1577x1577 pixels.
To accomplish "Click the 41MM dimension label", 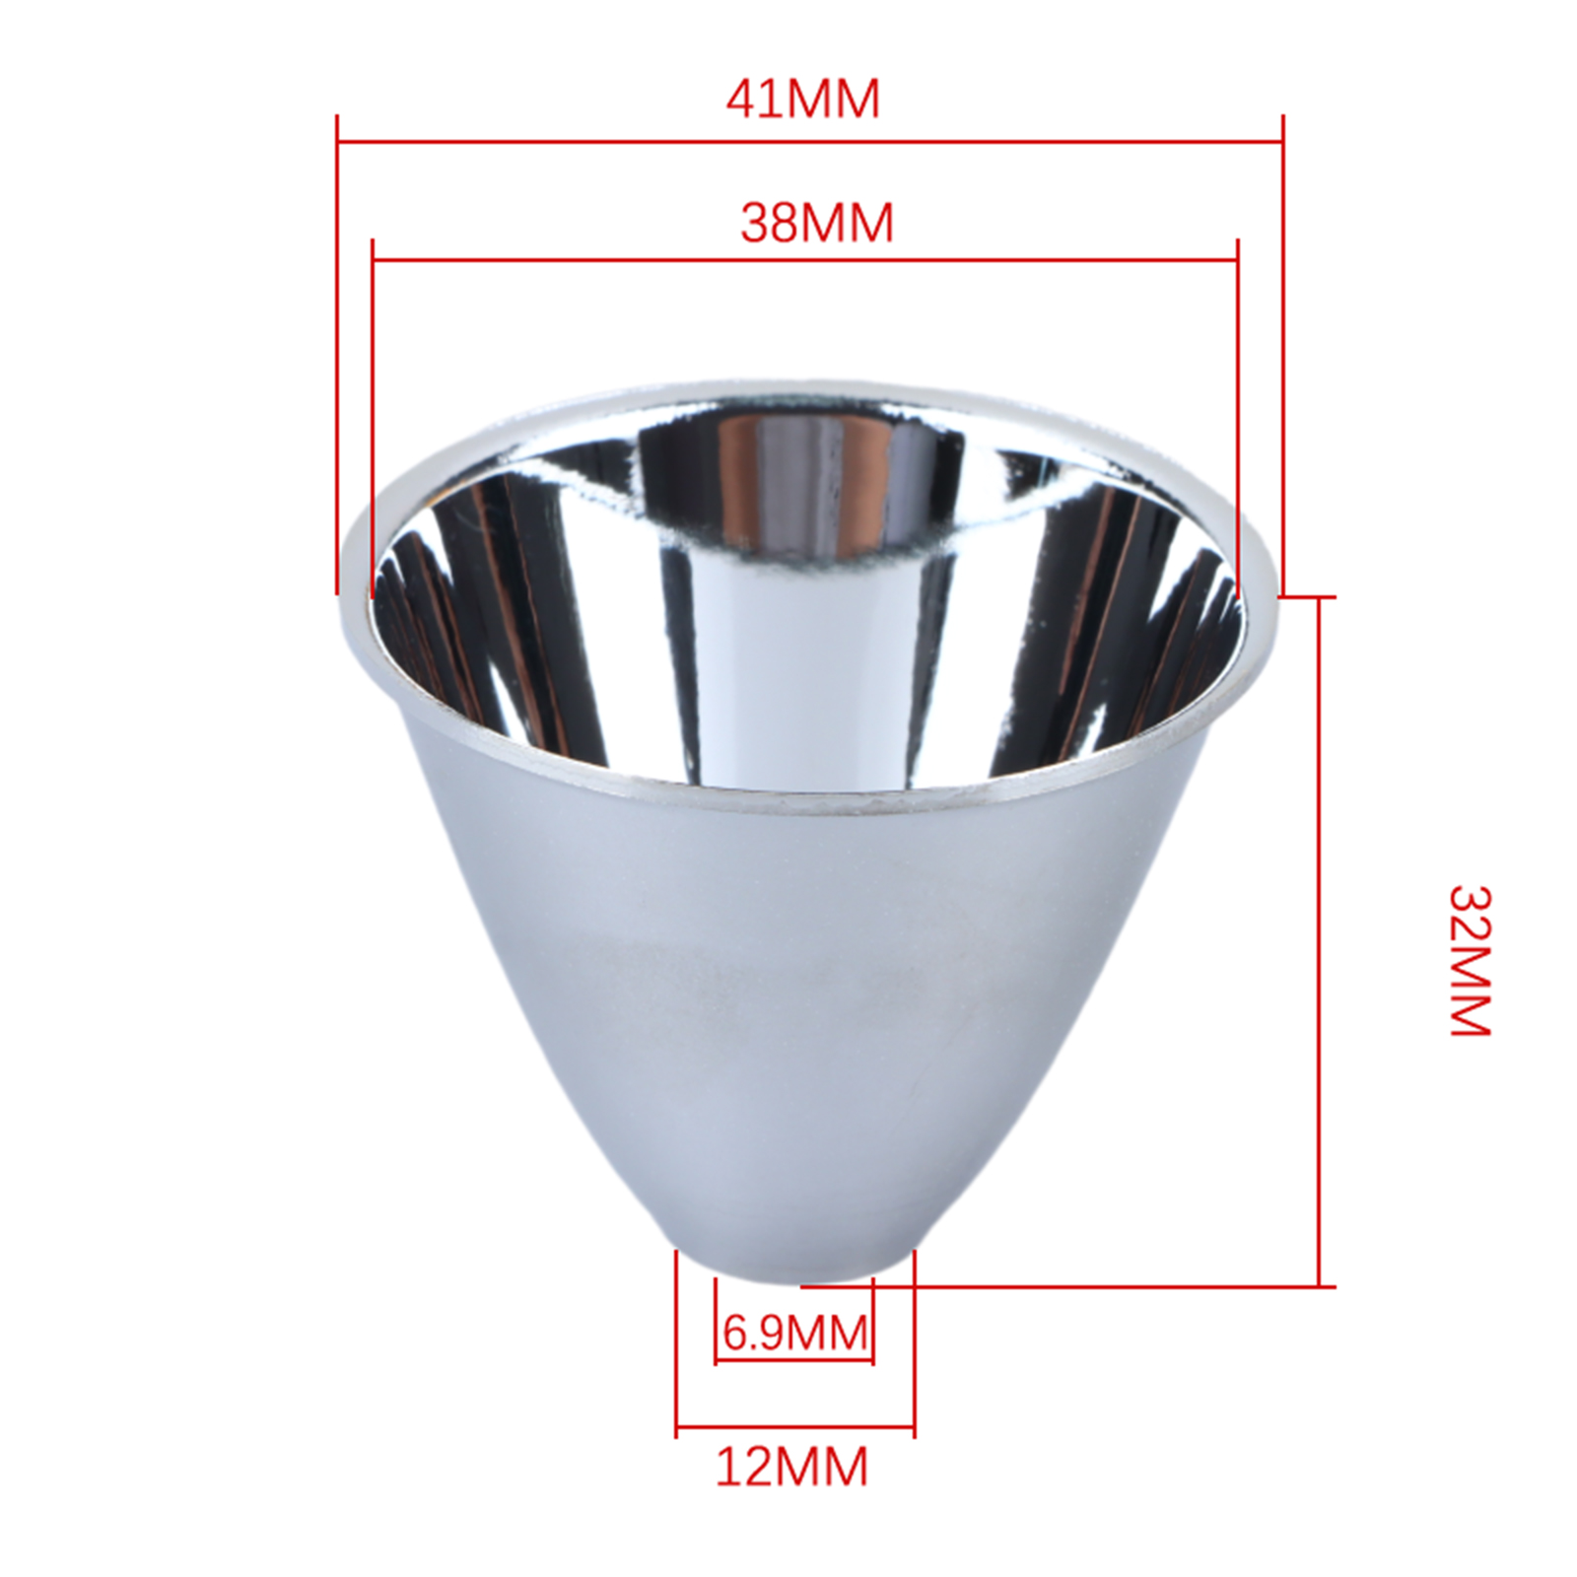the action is click(x=802, y=100).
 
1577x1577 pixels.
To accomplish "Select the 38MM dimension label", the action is click(x=817, y=223).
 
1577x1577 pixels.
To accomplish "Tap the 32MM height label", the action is click(x=1470, y=960).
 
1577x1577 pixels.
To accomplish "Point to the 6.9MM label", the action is click(x=795, y=1335).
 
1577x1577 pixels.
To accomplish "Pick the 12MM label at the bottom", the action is click(x=791, y=1467).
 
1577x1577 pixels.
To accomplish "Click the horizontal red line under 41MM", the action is click(x=810, y=142).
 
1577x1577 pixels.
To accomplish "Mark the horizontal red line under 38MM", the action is click(x=805, y=261).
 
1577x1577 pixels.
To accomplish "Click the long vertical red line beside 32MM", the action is click(x=1320, y=941).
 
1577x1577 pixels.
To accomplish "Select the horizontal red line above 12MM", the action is click(x=795, y=1425).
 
